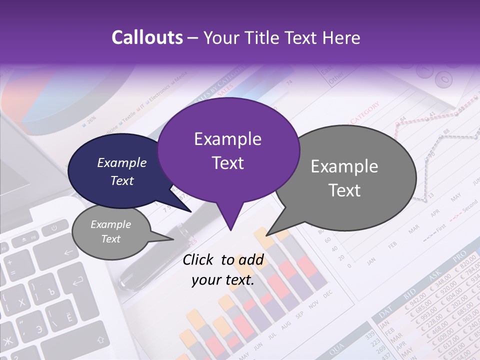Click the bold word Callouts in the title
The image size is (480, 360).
147,37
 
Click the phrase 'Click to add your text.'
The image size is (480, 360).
223,270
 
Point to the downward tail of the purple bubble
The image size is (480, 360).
230,220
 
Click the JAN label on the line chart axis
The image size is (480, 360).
371,261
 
